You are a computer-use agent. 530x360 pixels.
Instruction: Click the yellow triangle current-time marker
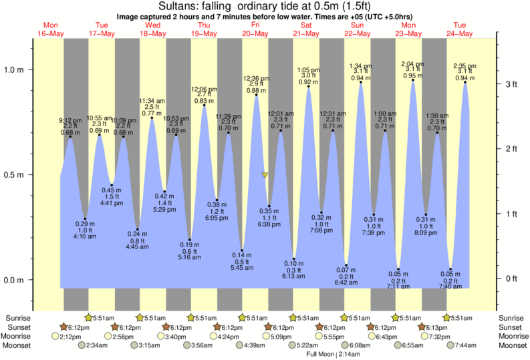pyautogui.click(x=265, y=175)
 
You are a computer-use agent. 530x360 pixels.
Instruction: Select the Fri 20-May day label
pyautogui.click(x=255, y=29)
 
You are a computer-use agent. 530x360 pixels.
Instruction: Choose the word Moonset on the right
pyautogui.click(x=511, y=345)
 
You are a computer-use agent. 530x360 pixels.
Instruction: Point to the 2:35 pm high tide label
pyautogui.click(x=465, y=65)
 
